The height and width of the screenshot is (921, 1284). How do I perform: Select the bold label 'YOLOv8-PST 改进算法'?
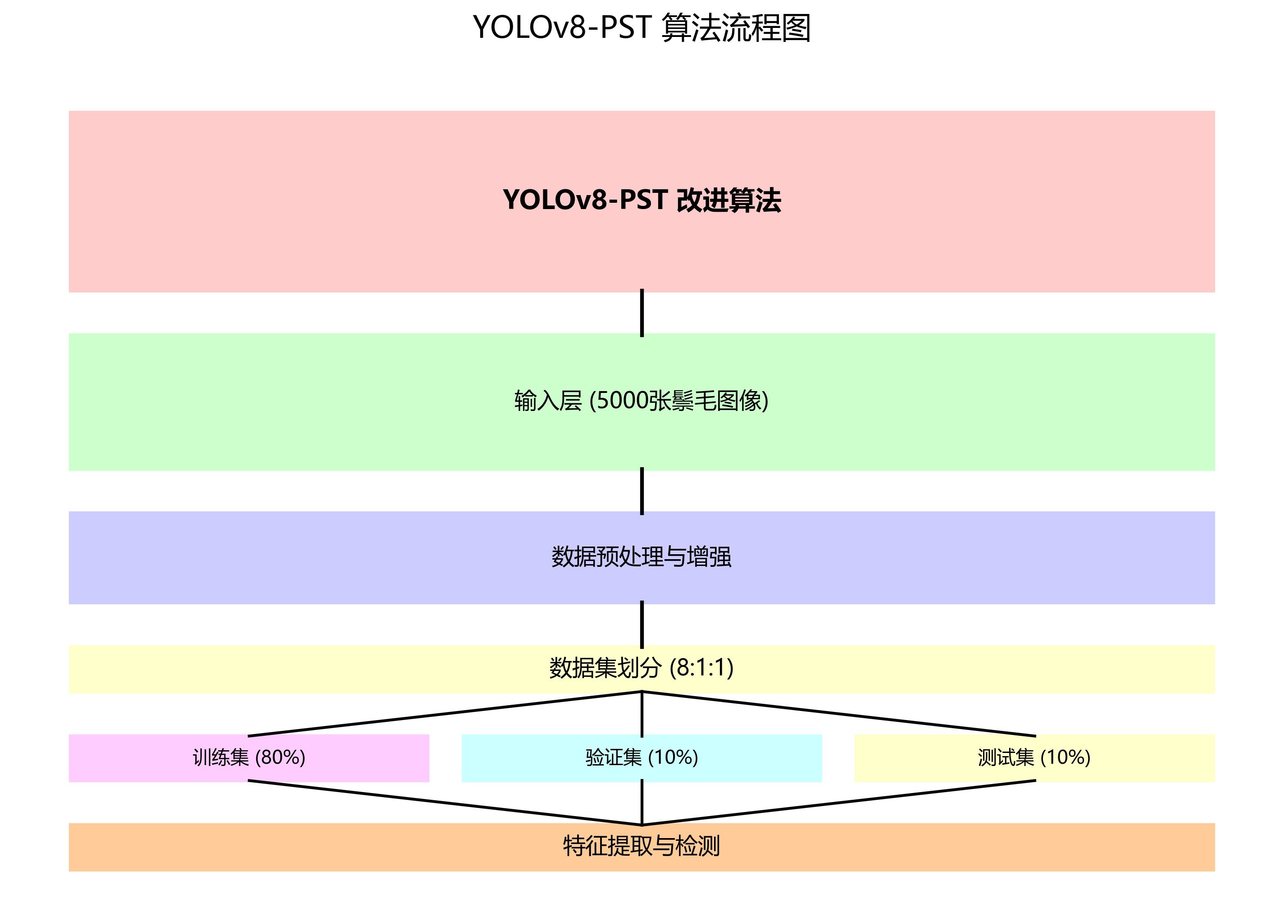642,201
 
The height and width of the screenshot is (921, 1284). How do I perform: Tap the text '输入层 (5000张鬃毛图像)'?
642,401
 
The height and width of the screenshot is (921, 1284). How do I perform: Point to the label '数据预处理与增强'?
642,557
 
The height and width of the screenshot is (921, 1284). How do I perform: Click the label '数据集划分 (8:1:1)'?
642,668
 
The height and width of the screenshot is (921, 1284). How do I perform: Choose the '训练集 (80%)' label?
249,757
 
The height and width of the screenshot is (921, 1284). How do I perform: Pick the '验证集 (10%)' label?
642,757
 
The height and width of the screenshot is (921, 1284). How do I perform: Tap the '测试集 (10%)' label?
1034,757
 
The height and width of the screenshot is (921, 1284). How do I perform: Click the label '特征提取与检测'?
642,846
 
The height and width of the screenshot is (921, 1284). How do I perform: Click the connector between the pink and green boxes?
642,313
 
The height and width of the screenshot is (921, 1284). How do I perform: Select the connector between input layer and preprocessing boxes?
642,491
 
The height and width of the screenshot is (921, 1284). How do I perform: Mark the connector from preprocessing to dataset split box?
642,625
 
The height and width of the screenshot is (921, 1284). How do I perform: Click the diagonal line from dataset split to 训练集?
445,714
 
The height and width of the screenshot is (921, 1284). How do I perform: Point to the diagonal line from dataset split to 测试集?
838,714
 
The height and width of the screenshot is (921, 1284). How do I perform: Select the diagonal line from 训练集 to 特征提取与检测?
445,802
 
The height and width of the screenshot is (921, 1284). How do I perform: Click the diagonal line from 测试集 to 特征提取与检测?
838,802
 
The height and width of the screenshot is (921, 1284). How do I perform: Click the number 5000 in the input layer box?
622,401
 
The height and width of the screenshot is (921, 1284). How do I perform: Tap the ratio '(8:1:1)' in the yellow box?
701,668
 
